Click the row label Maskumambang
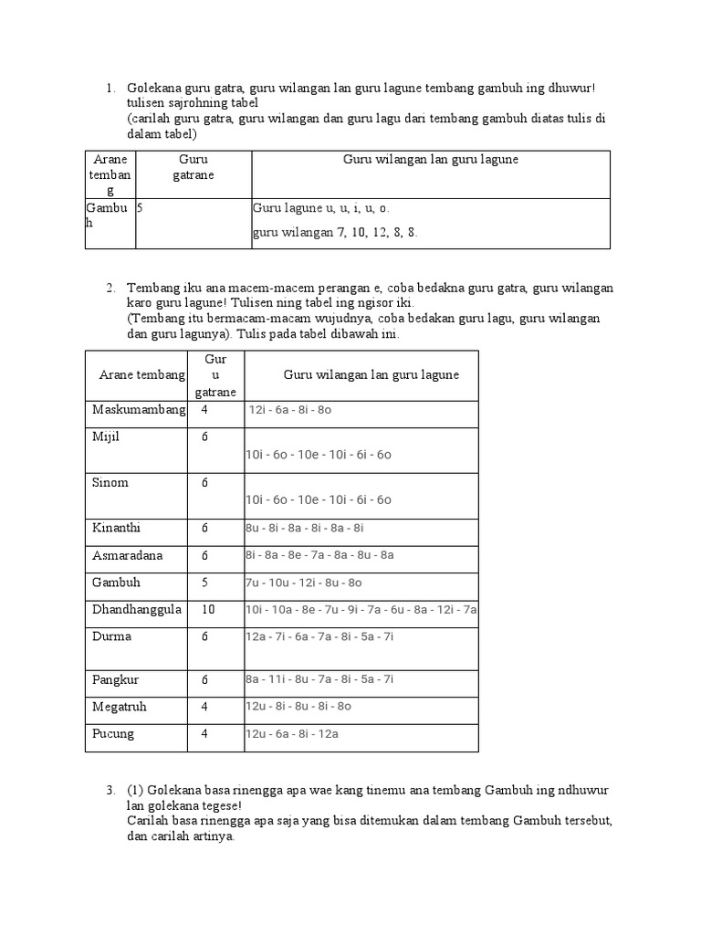click(139, 409)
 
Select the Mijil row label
click(106, 436)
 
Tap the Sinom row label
click(110, 482)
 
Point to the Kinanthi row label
click(117, 528)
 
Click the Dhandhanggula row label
click(137, 609)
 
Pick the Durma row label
click(111, 636)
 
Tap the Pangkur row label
click(114, 679)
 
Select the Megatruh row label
click(119, 707)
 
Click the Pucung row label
click(113, 733)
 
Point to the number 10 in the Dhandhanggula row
click(208, 609)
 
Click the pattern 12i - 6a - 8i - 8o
click(289, 411)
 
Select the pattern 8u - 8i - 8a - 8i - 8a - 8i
click(304, 528)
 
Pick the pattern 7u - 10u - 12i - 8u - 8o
click(303, 583)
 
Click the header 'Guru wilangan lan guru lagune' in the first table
click(430, 159)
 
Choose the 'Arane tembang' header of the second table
click(141, 375)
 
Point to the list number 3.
click(109, 789)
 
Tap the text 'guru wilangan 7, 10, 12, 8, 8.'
click(335, 232)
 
